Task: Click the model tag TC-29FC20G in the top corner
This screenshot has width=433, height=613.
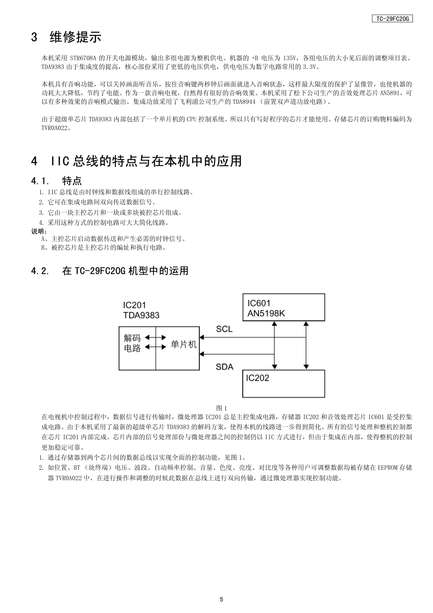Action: (392, 19)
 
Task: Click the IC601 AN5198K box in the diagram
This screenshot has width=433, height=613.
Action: (283, 308)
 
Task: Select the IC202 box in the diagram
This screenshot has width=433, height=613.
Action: (283, 383)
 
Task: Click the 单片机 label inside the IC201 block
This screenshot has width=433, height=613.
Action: (184, 344)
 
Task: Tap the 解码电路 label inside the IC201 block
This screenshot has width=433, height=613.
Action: (133, 343)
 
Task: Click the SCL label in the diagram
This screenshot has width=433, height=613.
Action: (224, 329)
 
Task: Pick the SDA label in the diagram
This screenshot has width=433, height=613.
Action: (225, 367)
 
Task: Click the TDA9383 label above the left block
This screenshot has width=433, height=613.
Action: (141, 315)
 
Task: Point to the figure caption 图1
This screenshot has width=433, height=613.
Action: (222, 408)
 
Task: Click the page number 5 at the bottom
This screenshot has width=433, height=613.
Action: (222, 599)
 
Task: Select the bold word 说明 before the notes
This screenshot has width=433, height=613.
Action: (38, 231)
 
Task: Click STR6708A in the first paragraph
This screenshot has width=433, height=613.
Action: (83, 58)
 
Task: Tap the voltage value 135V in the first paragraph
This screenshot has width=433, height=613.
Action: (290, 58)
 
